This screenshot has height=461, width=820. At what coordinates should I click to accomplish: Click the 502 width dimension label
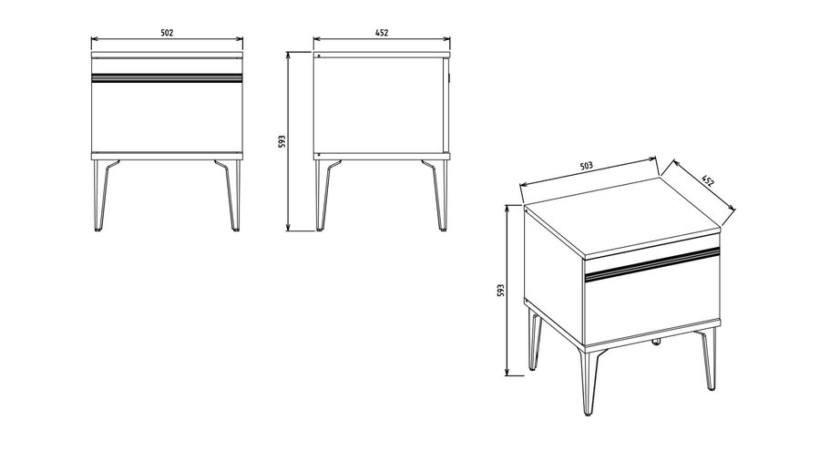(x=167, y=33)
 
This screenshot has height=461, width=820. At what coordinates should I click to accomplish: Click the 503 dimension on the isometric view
(x=587, y=166)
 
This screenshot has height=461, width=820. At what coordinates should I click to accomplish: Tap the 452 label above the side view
(x=382, y=33)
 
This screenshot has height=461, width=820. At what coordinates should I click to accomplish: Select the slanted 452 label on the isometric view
(x=707, y=180)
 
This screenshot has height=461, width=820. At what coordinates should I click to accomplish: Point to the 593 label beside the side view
(x=282, y=141)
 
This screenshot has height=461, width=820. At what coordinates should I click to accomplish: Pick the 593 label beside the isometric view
(x=500, y=291)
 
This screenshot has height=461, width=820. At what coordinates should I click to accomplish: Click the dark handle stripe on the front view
(x=167, y=77)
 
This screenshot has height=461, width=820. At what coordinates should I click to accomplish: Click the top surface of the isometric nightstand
(x=622, y=217)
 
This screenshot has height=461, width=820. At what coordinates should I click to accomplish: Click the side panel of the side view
(x=379, y=105)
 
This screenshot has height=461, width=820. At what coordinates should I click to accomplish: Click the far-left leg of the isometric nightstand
(x=533, y=340)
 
